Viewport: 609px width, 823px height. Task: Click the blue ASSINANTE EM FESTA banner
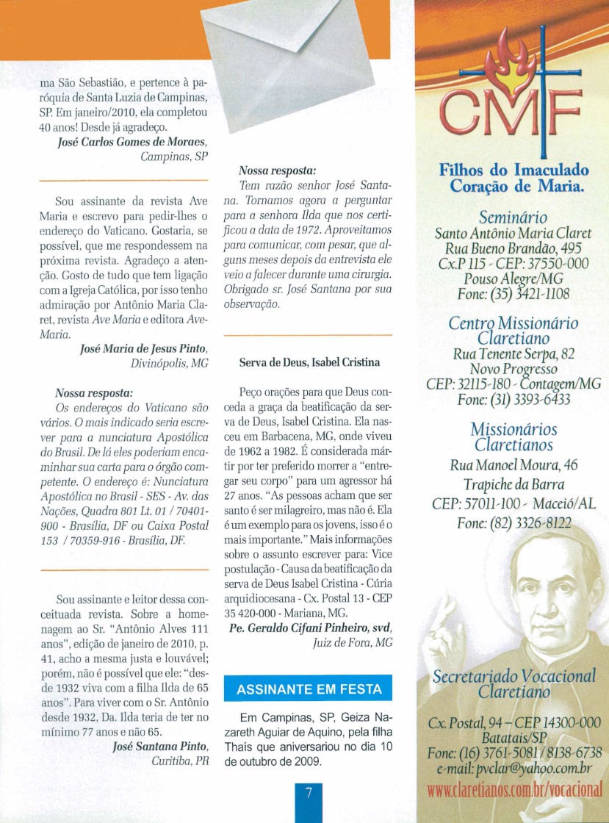(x=309, y=689)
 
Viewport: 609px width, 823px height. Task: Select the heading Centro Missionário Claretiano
(x=513, y=331)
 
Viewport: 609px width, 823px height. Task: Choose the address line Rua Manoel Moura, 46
(x=513, y=465)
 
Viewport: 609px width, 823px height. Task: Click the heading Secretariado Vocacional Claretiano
(x=513, y=684)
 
